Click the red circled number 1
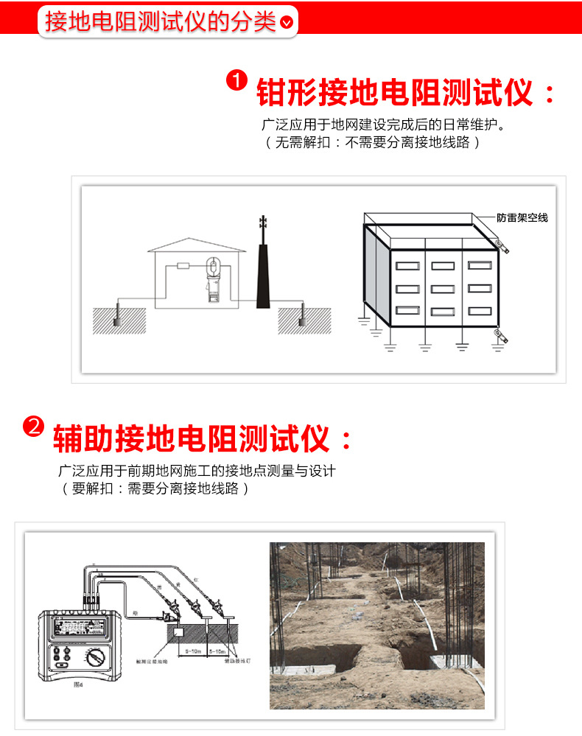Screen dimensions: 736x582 (x=236, y=80)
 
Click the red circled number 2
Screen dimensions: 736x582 (x=34, y=427)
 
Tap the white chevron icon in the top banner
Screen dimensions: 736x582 (x=287, y=22)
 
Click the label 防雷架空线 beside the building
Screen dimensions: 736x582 (x=522, y=218)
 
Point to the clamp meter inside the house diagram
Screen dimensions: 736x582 (x=214, y=278)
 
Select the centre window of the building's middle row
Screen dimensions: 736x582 (x=443, y=289)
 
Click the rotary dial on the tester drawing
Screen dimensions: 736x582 (x=95, y=659)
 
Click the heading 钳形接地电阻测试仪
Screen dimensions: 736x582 (x=394, y=94)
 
